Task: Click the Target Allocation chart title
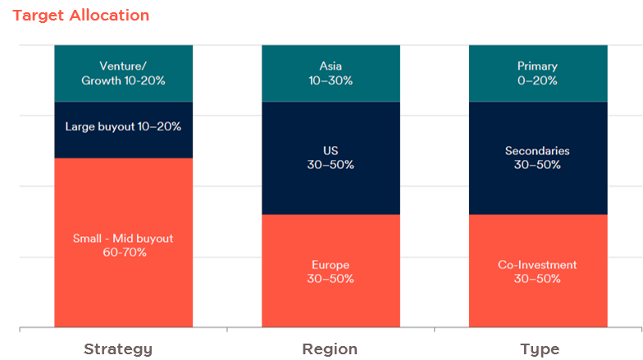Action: [x=80, y=16]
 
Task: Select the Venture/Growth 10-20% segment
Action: [x=123, y=74]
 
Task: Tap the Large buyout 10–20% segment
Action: [x=123, y=130]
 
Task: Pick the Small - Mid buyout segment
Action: [x=123, y=243]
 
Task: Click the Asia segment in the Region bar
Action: [x=331, y=74]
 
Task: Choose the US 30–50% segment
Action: [x=331, y=158]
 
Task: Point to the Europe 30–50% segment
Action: [x=331, y=271]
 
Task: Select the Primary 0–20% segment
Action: [x=538, y=74]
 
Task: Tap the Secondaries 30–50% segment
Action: [x=538, y=158]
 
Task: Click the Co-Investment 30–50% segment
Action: [x=538, y=271]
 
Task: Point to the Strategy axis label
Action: [x=118, y=349]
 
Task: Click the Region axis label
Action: [x=330, y=349]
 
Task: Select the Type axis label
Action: [x=540, y=349]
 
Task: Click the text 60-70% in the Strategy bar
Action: [x=125, y=253]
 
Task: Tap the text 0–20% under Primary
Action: [x=537, y=80]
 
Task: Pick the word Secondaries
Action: [x=537, y=151]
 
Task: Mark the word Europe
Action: [x=331, y=265]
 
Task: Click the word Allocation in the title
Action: [x=109, y=16]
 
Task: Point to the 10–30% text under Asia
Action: [x=331, y=80]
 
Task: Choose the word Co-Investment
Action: [x=537, y=265]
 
